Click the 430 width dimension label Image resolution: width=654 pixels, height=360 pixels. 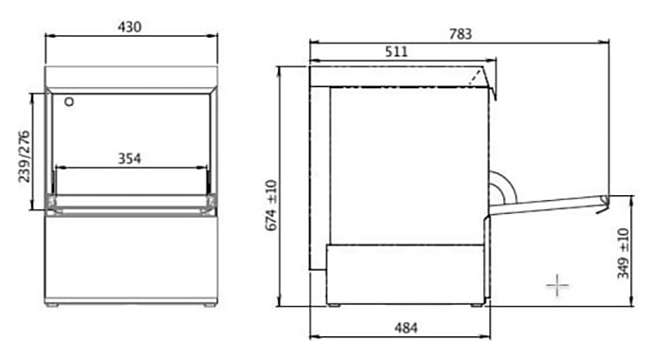(129, 27)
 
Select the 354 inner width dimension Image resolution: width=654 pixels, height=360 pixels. (129, 159)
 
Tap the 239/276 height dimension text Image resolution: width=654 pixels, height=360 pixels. (25, 156)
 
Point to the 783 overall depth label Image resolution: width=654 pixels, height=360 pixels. (460, 34)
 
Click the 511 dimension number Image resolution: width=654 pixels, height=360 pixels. (396, 52)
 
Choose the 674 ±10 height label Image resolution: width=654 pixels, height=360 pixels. (271, 205)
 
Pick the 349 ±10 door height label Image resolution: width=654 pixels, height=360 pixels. (623, 253)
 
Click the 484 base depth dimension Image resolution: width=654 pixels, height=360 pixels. (406, 329)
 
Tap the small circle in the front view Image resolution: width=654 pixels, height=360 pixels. (69, 101)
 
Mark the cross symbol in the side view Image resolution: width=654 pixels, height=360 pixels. (557, 285)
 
